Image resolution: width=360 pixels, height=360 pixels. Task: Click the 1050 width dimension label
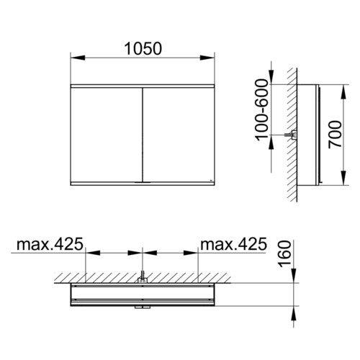click(143, 49)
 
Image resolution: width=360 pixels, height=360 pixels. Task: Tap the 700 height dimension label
click(335, 135)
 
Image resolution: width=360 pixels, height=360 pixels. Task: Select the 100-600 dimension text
click(261, 110)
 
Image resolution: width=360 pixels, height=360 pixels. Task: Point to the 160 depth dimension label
click(284, 254)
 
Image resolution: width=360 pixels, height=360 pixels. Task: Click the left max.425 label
click(50, 244)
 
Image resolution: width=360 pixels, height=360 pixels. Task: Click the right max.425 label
click(234, 244)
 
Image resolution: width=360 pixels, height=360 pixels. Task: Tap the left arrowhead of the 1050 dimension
click(78, 58)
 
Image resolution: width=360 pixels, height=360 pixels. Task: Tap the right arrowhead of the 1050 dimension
click(207, 58)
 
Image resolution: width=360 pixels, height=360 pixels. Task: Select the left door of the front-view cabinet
click(107, 135)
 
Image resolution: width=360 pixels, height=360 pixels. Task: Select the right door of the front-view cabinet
click(179, 135)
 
